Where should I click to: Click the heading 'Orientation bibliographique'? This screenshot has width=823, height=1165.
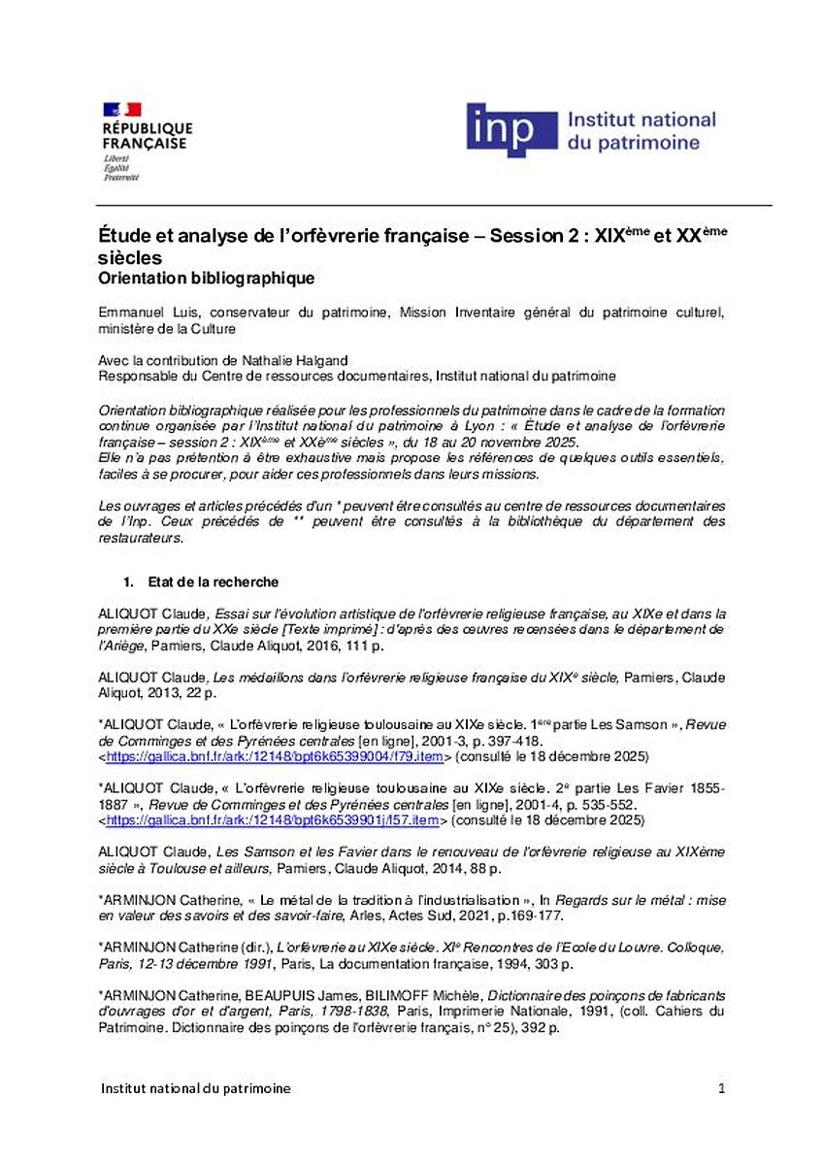pyautogui.click(x=207, y=279)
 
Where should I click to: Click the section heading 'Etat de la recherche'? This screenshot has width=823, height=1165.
pyautogui.click(x=214, y=582)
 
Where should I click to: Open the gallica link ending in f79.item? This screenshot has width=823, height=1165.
pyautogui.click(x=275, y=755)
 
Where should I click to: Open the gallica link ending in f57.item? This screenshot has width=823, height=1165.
pyautogui.click(x=273, y=819)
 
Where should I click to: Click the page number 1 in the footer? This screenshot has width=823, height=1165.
pyautogui.click(x=721, y=1088)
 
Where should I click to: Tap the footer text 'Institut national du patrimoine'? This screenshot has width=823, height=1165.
pyautogui.click(x=196, y=1088)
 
